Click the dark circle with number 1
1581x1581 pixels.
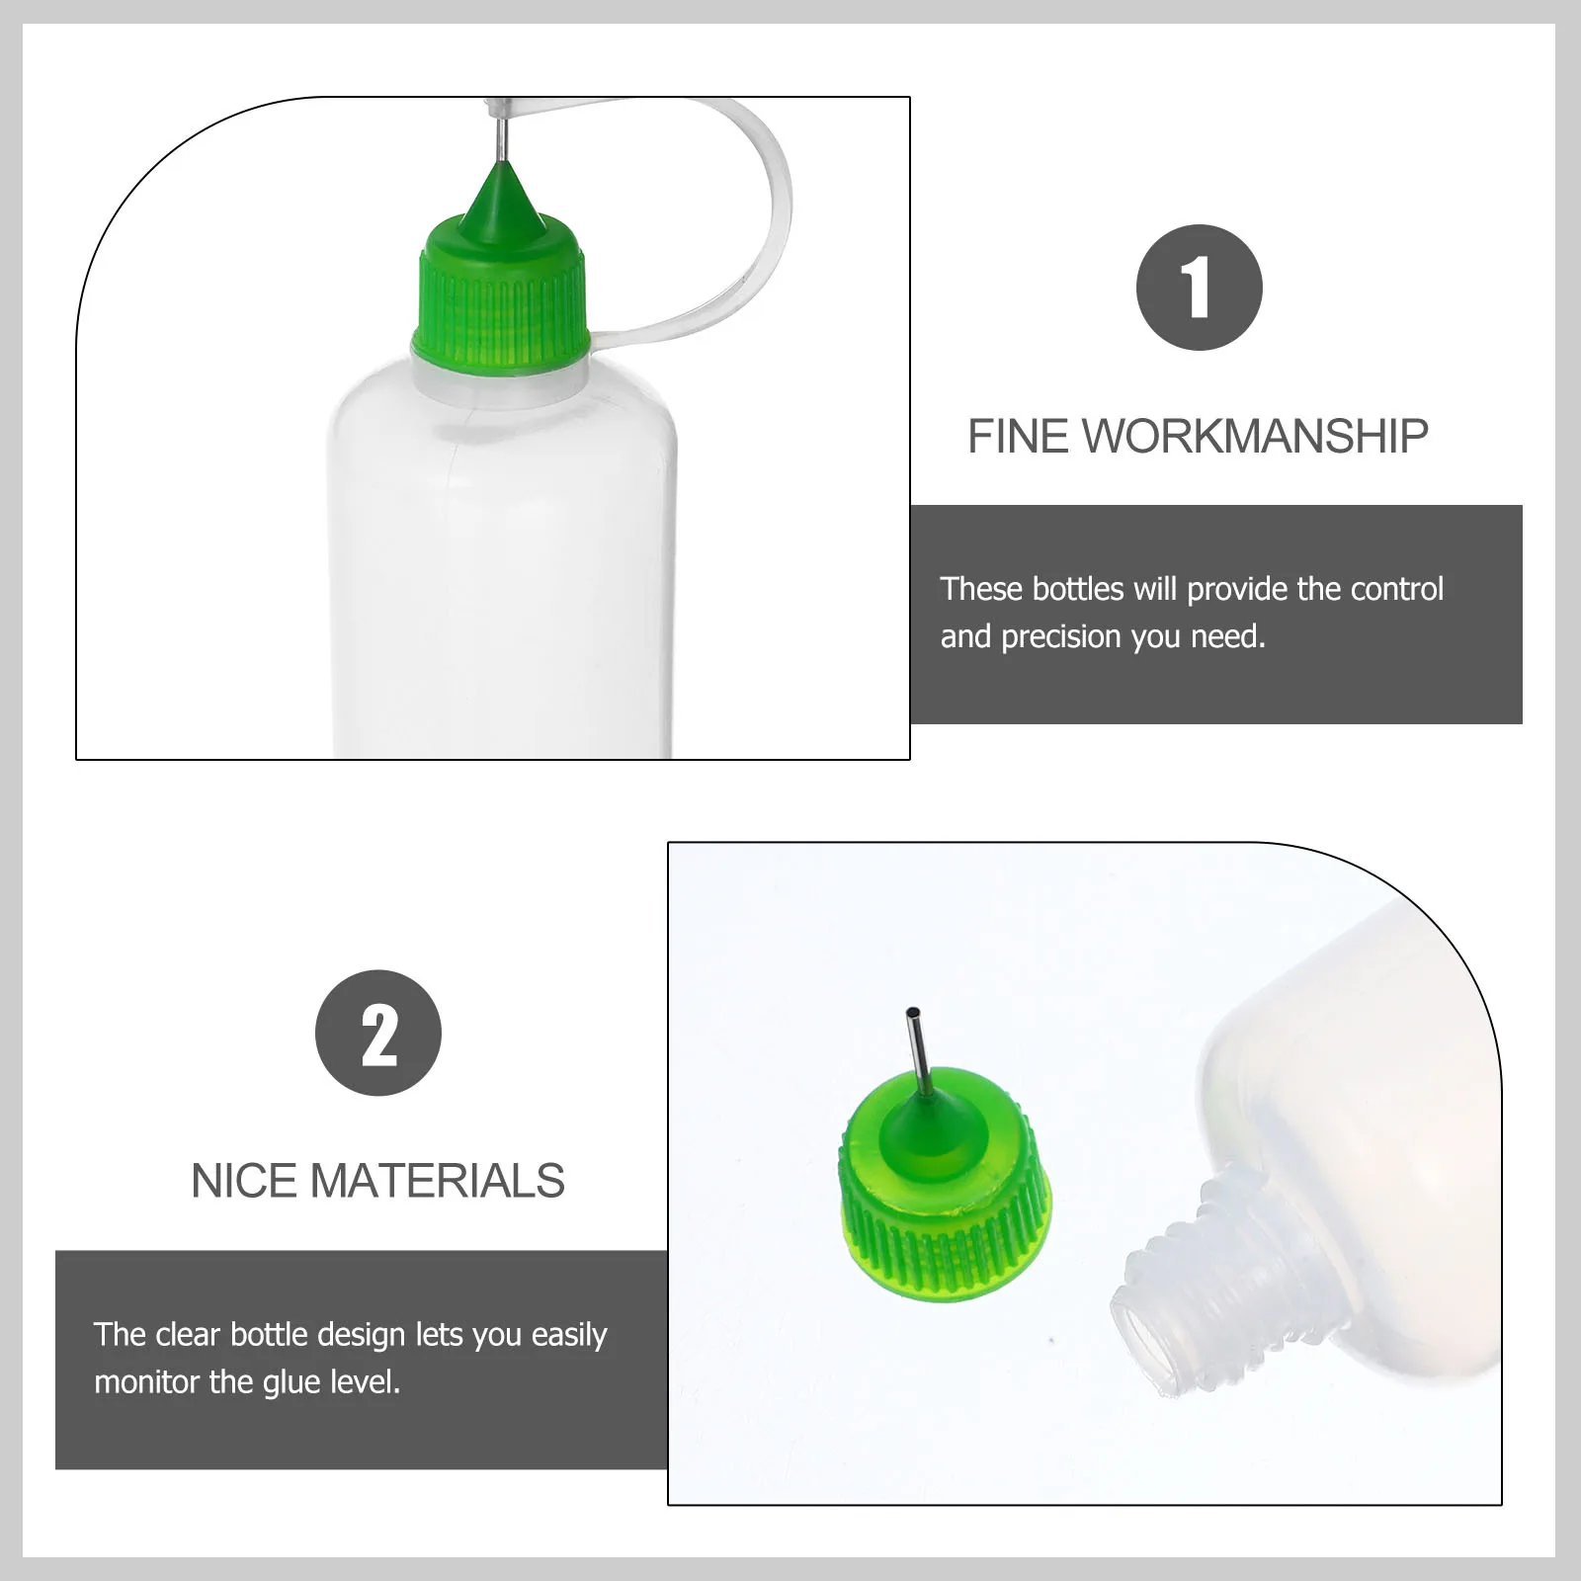(1199, 288)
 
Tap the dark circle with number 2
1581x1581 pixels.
(377, 1033)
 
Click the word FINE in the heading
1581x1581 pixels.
(1018, 437)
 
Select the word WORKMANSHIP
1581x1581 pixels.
(1255, 437)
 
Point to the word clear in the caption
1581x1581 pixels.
(188, 1335)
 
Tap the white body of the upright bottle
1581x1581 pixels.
(502, 573)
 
